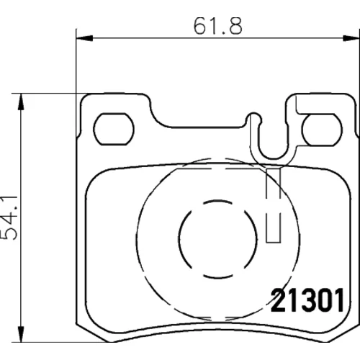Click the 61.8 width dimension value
click(217, 26)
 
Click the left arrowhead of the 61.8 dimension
click(84, 38)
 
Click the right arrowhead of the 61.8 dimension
click(351, 38)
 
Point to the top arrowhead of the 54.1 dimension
click(22, 102)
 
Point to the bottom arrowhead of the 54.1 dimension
click(22, 333)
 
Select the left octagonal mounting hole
click(114, 129)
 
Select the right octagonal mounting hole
click(323, 130)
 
